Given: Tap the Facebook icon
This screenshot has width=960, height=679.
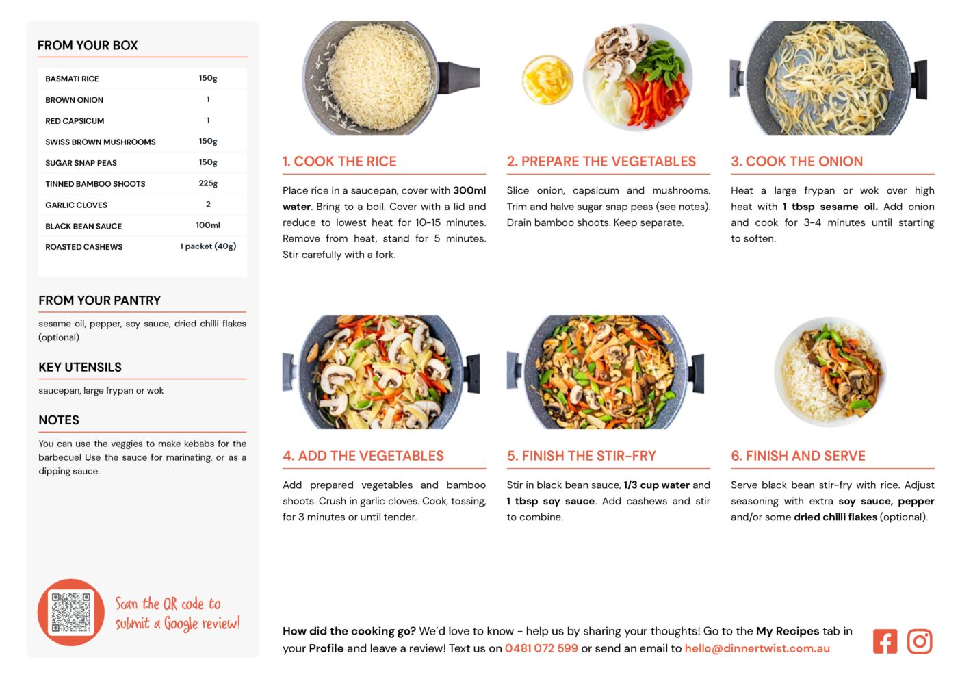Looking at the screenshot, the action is pos(885,641).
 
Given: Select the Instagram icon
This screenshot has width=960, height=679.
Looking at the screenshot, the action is pos(920,641).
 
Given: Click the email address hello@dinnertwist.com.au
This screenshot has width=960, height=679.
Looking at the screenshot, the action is pos(757,648).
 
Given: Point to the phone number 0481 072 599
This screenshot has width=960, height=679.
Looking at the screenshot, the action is pos(541,648).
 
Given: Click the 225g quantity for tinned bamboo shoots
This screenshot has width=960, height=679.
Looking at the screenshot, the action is pos(208,183).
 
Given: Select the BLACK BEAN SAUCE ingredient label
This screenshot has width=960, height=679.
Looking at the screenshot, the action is pos(83,226).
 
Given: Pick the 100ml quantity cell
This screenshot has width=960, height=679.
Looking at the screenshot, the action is pos(208,225).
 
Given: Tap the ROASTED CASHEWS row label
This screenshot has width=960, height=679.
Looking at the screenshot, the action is pos(84,247).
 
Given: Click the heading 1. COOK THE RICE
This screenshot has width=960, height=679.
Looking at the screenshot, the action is pos(339,161).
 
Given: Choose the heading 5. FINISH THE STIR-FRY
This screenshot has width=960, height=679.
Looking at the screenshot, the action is pos(581,456).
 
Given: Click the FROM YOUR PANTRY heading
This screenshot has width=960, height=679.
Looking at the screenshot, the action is pos(99,300).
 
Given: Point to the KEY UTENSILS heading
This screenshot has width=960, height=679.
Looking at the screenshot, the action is pos(80,367).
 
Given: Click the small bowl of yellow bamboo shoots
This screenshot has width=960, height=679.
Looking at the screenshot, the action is pos(547,79).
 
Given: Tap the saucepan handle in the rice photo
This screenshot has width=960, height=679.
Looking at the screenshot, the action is pos(458,77).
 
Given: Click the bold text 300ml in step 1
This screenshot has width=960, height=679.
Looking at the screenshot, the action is pos(469,190).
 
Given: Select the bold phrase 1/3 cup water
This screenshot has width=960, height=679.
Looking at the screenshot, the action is pos(657,485).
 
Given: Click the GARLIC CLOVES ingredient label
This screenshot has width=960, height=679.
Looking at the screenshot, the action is pos(76,205).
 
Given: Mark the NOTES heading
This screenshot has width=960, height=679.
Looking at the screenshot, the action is pos(59,420).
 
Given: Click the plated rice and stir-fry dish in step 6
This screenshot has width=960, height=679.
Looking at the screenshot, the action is pos(830,372).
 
